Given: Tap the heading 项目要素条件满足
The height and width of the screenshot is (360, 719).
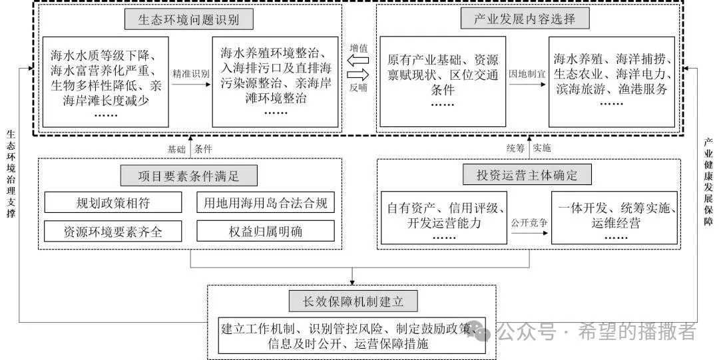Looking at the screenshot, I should (188, 176).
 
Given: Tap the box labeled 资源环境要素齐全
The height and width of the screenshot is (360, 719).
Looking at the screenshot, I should (113, 231).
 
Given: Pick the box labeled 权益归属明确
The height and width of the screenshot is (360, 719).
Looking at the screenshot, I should (265, 231).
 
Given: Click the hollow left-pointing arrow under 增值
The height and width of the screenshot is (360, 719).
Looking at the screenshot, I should (358, 61).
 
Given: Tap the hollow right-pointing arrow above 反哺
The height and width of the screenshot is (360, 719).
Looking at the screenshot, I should (358, 75).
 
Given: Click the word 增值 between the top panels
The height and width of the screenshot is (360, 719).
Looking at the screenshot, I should (358, 48).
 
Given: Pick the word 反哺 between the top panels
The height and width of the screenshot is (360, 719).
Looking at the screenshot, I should (358, 88).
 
